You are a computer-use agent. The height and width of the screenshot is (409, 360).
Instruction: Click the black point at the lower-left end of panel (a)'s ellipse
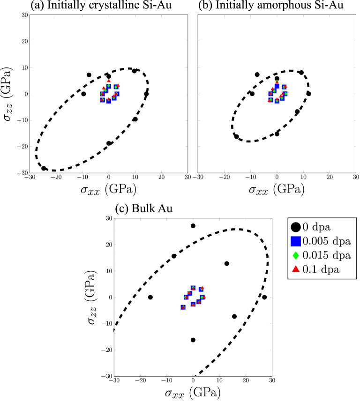(x=44, y=168)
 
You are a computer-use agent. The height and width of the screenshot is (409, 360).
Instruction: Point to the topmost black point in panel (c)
(x=193, y=226)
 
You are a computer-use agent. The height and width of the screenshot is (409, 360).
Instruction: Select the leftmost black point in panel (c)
(x=150, y=297)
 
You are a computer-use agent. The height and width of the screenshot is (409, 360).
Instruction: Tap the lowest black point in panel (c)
(x=193, y=340)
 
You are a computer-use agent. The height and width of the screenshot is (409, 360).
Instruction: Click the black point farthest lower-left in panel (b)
(x=237, y=136)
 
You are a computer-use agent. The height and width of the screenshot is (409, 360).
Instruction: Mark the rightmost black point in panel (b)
(x=308, y=94)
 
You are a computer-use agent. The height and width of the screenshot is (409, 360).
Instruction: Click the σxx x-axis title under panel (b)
(x=276, y=190)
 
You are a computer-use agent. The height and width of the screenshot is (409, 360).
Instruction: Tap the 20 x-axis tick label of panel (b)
(x=329, y=177)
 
